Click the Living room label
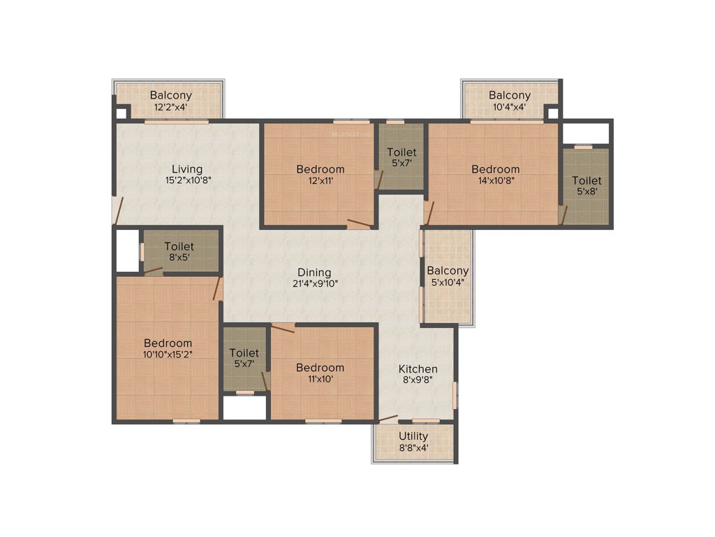coord(187,169)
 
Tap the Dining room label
coord(314,272)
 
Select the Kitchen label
coord(418,368)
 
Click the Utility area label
coord(413,436)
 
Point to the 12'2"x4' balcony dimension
coord(170,108)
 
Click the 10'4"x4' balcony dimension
coord(509,108)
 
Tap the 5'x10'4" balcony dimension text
coord(448,282)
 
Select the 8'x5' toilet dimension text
coord(179,257)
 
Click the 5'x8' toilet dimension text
coord(587,192)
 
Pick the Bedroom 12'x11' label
coord(320,169)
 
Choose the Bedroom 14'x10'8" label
coord(495,169)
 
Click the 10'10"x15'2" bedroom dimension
coord(168,355)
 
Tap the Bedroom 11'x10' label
coord(320,368)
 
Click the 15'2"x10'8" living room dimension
coord(187,180)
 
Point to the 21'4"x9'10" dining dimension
coord(314,284)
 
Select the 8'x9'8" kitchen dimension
coord(418,380)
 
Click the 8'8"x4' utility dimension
coord(413,448)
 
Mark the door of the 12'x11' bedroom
coord(359,223)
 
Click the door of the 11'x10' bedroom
coord(283,327)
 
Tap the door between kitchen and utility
coord(388,420)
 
